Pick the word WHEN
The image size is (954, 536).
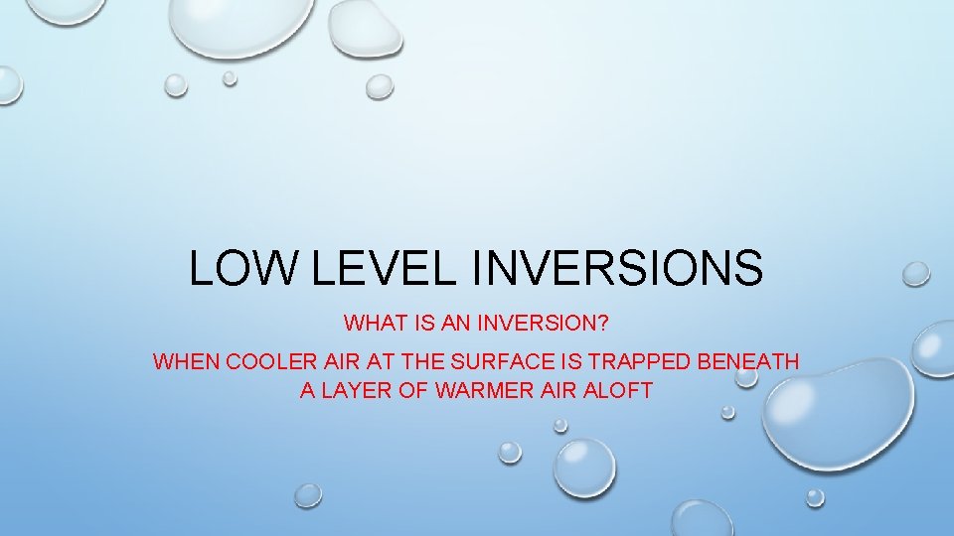[x=187, y=361]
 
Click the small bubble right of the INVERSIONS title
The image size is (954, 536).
[x=915, y=274]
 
